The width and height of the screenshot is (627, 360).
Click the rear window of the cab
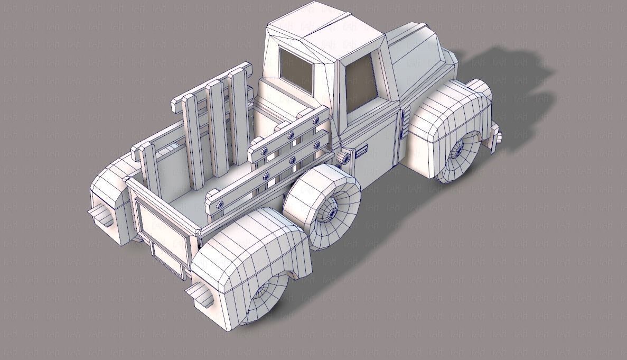coord(296,71)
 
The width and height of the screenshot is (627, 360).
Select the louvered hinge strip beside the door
coord(404,124)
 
